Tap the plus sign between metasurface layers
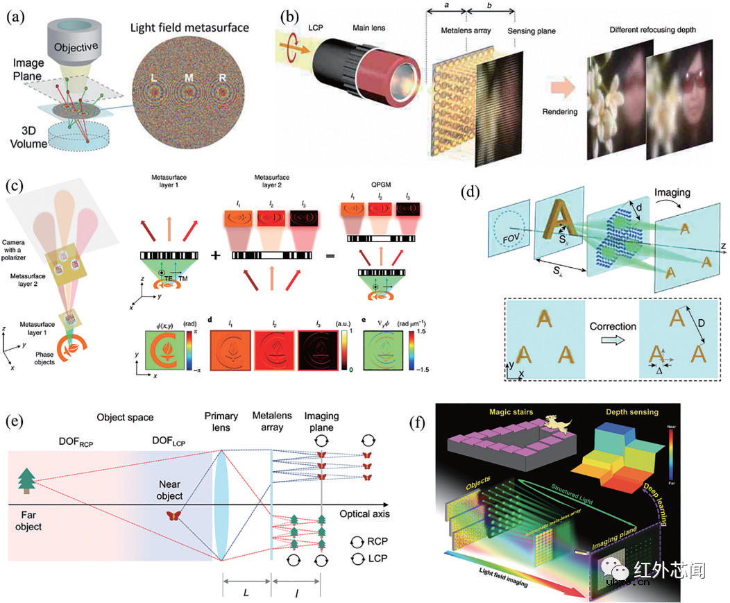(x=216, y=255)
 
